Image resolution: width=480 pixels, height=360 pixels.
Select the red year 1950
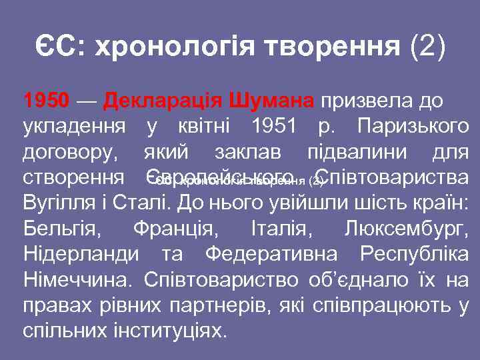(46, 101)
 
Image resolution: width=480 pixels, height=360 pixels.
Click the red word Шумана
(271, 101)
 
